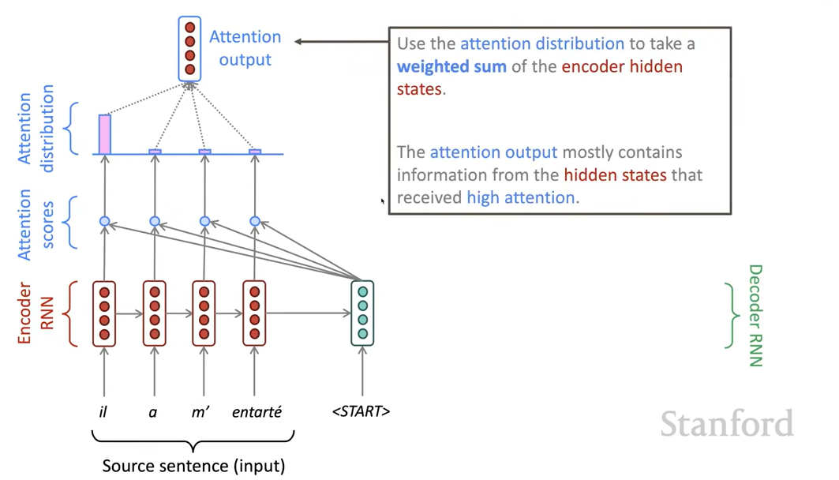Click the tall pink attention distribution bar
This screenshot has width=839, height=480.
104,134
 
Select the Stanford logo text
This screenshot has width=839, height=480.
726,424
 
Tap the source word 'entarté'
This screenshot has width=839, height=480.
256,411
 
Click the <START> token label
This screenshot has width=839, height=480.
361,411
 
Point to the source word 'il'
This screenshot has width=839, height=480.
103,411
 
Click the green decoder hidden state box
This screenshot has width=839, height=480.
362,313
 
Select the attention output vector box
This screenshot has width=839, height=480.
189,49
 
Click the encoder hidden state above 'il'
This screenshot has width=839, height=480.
104,313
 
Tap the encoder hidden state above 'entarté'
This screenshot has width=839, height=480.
254,313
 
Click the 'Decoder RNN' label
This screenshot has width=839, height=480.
755,316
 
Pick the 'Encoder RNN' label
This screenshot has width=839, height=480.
36,313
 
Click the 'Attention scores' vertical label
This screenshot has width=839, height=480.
36,223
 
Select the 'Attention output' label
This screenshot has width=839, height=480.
245,48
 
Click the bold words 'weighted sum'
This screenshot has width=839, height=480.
451,66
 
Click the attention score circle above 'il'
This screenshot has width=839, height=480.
104,222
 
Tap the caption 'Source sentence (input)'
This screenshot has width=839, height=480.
193,466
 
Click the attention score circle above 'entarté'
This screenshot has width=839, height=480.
255,222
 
